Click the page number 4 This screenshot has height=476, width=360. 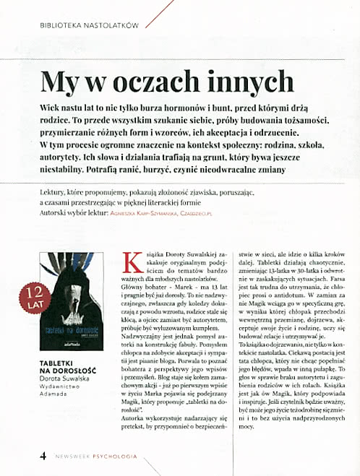click(x=43, y=455)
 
